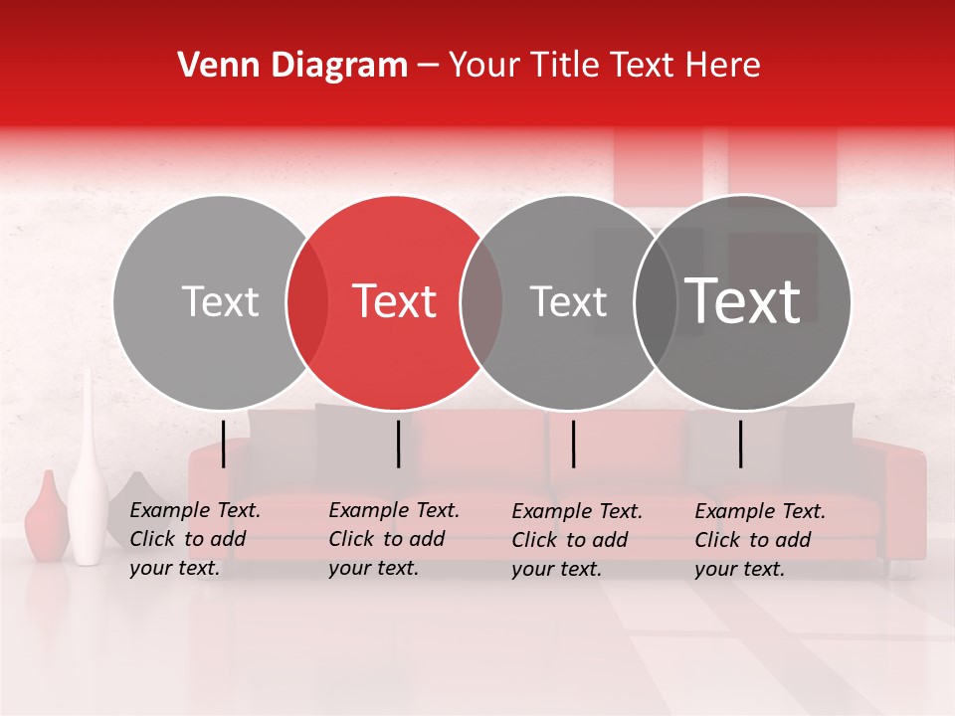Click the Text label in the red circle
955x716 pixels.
point(395,301)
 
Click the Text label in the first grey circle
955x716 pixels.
point(221,301)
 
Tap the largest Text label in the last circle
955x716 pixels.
point(743,301)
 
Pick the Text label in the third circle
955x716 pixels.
point(568,301)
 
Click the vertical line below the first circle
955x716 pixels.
point(224,444)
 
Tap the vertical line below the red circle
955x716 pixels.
point(398,444)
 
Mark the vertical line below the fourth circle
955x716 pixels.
point(741,444)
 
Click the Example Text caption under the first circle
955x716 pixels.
point(194,539)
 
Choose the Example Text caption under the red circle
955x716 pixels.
point(393,539)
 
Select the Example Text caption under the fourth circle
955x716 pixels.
point(759,540)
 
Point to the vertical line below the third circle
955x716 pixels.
point(574,444)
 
